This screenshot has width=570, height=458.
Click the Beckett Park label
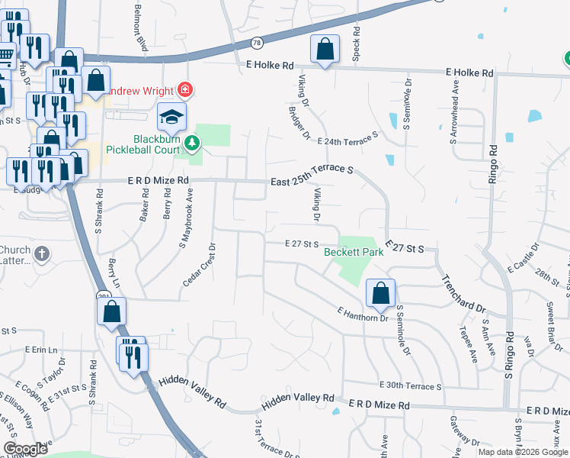353,251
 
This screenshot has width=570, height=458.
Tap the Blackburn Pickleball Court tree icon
194,142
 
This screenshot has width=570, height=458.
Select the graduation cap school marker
171,118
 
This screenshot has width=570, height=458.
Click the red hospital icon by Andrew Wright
185,90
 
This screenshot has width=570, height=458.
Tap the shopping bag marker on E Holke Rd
325,50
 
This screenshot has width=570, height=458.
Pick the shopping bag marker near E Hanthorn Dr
379,293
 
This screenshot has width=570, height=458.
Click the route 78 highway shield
257,44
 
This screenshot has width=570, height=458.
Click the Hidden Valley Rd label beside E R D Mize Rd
298,398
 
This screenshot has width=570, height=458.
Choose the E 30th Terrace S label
410,386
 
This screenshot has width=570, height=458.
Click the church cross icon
42,253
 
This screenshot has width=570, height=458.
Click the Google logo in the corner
25,449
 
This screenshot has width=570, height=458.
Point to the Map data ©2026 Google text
524,452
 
